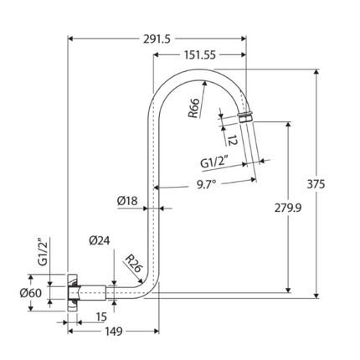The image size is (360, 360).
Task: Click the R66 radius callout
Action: (x=193, y=109)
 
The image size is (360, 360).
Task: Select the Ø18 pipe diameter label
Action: (x=127, y=201)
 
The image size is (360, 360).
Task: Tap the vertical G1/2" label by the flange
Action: (x=44, y=253)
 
